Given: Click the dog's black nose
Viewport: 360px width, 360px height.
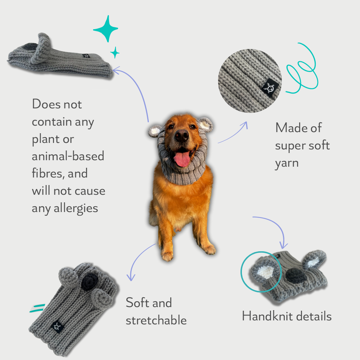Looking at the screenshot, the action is pos(181,135).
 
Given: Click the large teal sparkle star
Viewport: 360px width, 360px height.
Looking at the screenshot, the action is pos(105,29).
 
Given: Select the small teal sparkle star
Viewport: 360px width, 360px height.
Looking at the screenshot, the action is pos(115,53).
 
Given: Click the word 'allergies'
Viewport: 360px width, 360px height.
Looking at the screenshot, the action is pos(76,208).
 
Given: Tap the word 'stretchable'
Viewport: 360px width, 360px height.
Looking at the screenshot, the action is pos(156,320).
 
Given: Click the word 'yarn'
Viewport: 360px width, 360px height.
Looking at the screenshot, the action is pos(287,163).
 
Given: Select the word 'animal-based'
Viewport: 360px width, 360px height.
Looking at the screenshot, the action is pos(68,156).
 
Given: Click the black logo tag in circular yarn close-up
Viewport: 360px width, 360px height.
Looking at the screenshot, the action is pos(270,87).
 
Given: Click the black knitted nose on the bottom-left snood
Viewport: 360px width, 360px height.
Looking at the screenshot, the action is pos(90,282).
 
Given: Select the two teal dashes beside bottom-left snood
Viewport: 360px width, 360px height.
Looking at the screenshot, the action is pos(37,308).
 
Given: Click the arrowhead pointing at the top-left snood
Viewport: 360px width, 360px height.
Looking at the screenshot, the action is pos(116,70).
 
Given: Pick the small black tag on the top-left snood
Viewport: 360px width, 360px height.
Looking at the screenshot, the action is pos(86,56).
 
